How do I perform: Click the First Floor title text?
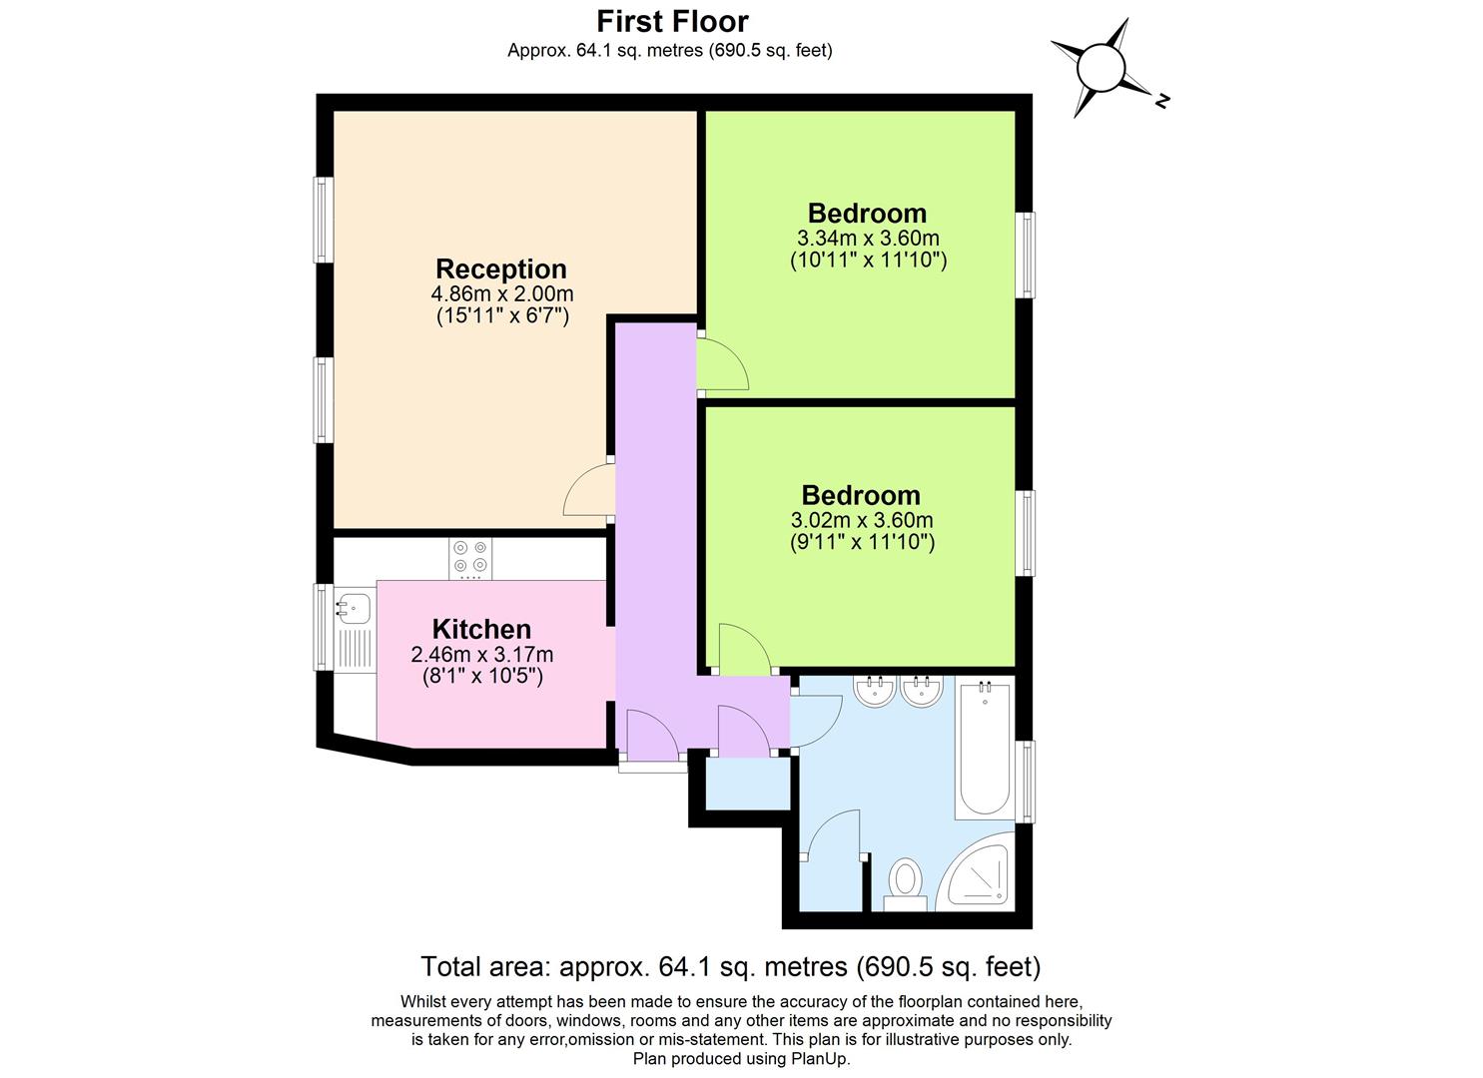[x=672, y=21]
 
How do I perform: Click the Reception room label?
[x=501, y=269]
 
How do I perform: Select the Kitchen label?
[x=481, y=630]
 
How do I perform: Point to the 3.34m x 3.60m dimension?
[x=868, y=239]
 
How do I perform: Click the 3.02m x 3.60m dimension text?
[x=862, y=520]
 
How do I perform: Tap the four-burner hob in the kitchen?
[x=470, y=559]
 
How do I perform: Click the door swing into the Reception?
[x=590, y=492]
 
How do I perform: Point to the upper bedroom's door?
[x=721, y=365]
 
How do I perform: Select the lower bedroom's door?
[x=741, y=650]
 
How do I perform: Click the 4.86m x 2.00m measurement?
[x=501, y=294]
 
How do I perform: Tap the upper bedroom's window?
[x=1025, y=255]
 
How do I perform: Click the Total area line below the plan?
[x=730, y=966]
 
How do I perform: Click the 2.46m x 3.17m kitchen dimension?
[x=481, y=655]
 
